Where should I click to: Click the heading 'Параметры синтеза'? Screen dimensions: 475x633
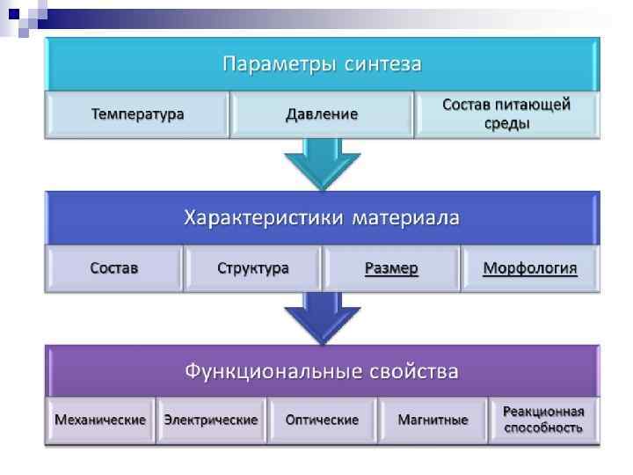point(322,64)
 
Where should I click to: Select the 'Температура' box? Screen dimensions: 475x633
point(138,115)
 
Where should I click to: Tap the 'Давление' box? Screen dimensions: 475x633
point(322,115)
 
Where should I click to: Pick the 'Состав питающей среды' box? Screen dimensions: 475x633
point(506,114)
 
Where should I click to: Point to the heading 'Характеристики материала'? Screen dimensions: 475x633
point(322,217)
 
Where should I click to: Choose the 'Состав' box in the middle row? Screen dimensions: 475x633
point(114,268)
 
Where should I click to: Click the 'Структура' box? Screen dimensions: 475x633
point(253,268)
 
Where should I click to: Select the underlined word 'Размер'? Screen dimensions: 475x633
point(391,268)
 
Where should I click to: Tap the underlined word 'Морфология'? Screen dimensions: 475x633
point(530,268)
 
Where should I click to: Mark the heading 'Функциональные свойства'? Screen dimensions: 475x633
point(322,370)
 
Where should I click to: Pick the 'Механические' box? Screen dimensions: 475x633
point(100,420)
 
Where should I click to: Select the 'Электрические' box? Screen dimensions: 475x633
point(211,420)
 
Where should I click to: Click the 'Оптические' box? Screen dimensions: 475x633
point(322,420)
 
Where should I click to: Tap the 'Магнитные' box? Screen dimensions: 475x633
point(433,420)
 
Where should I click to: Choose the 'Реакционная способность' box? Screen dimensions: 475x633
point(543,420)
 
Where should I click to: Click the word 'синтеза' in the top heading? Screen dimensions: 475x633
point(383,64)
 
